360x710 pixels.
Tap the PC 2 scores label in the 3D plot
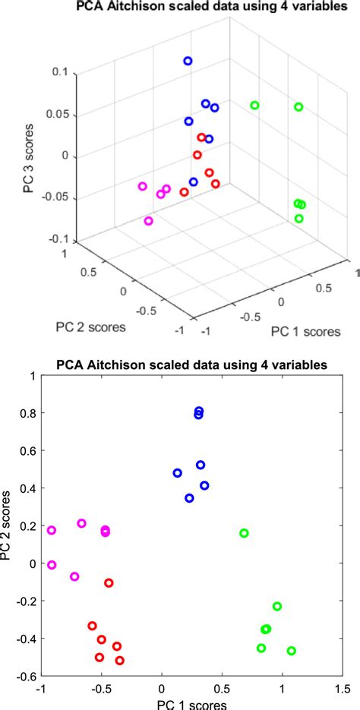[90, 327]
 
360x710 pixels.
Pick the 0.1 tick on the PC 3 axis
[60, 73]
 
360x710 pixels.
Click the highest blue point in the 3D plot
[188, 61]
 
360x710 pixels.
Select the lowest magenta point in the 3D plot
[148, 221]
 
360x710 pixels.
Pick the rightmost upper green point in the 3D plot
[298, 107]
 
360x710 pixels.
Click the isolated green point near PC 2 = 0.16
[244, 533]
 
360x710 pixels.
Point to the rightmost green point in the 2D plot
[291, 651]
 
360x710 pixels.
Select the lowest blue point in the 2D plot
[189, 498]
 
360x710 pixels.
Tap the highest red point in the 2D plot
[109, 583]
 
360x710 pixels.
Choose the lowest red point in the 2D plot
[119, 661]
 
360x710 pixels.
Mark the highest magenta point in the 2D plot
[81, 523]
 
